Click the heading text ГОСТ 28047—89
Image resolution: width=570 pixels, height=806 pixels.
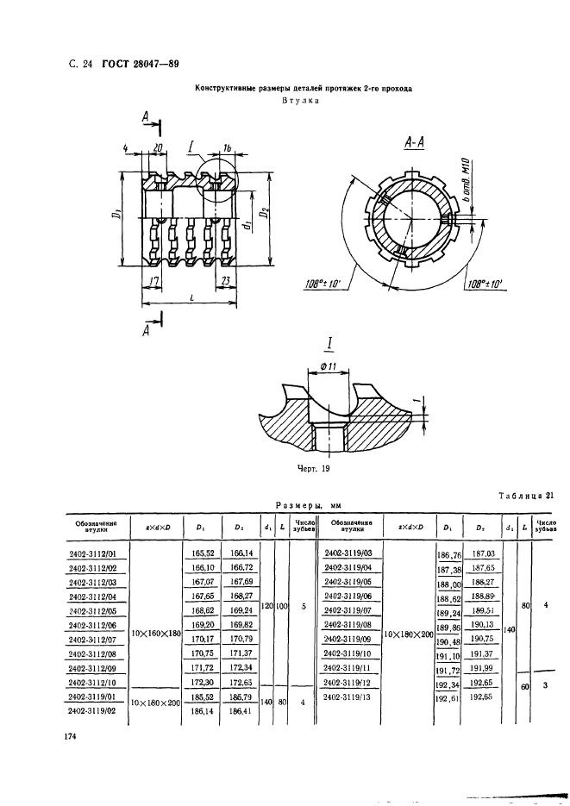[141, 62]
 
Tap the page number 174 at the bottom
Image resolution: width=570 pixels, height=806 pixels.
[71, 736]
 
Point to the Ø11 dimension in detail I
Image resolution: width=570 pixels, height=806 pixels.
[329, 369]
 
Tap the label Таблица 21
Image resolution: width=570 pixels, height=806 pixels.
[525, 495]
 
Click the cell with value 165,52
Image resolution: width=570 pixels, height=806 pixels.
[200, 553]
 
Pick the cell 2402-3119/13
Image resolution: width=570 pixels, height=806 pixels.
[348, 697]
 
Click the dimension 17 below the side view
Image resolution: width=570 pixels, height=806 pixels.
[152, 281]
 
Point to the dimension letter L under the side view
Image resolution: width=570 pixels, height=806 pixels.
[191, 297]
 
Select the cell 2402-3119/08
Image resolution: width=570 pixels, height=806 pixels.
[348, 624]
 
